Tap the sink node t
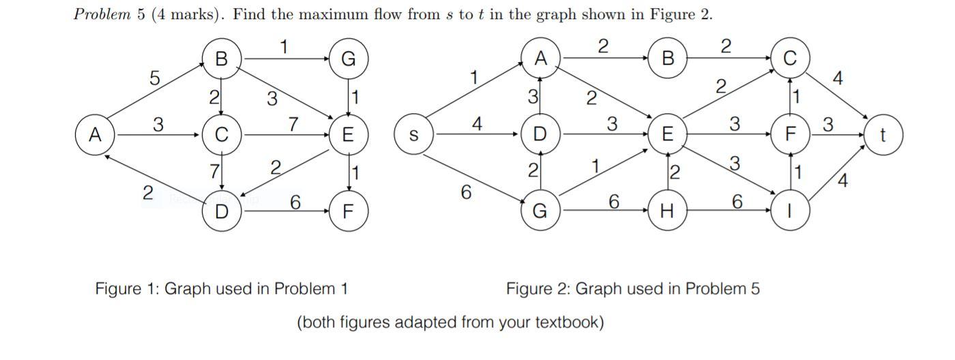click(883, 135)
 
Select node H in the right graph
click(667, 211)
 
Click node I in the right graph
click(790, 211)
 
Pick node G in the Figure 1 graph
click(348, 59)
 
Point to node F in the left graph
click(348, 211)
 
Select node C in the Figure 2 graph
click(790, 59)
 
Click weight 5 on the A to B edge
click(155, 78)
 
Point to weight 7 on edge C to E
click(293, 124)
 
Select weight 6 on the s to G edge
click(466, 193)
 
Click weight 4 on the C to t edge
click(838, 79)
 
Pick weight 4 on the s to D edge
click(477, 124)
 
